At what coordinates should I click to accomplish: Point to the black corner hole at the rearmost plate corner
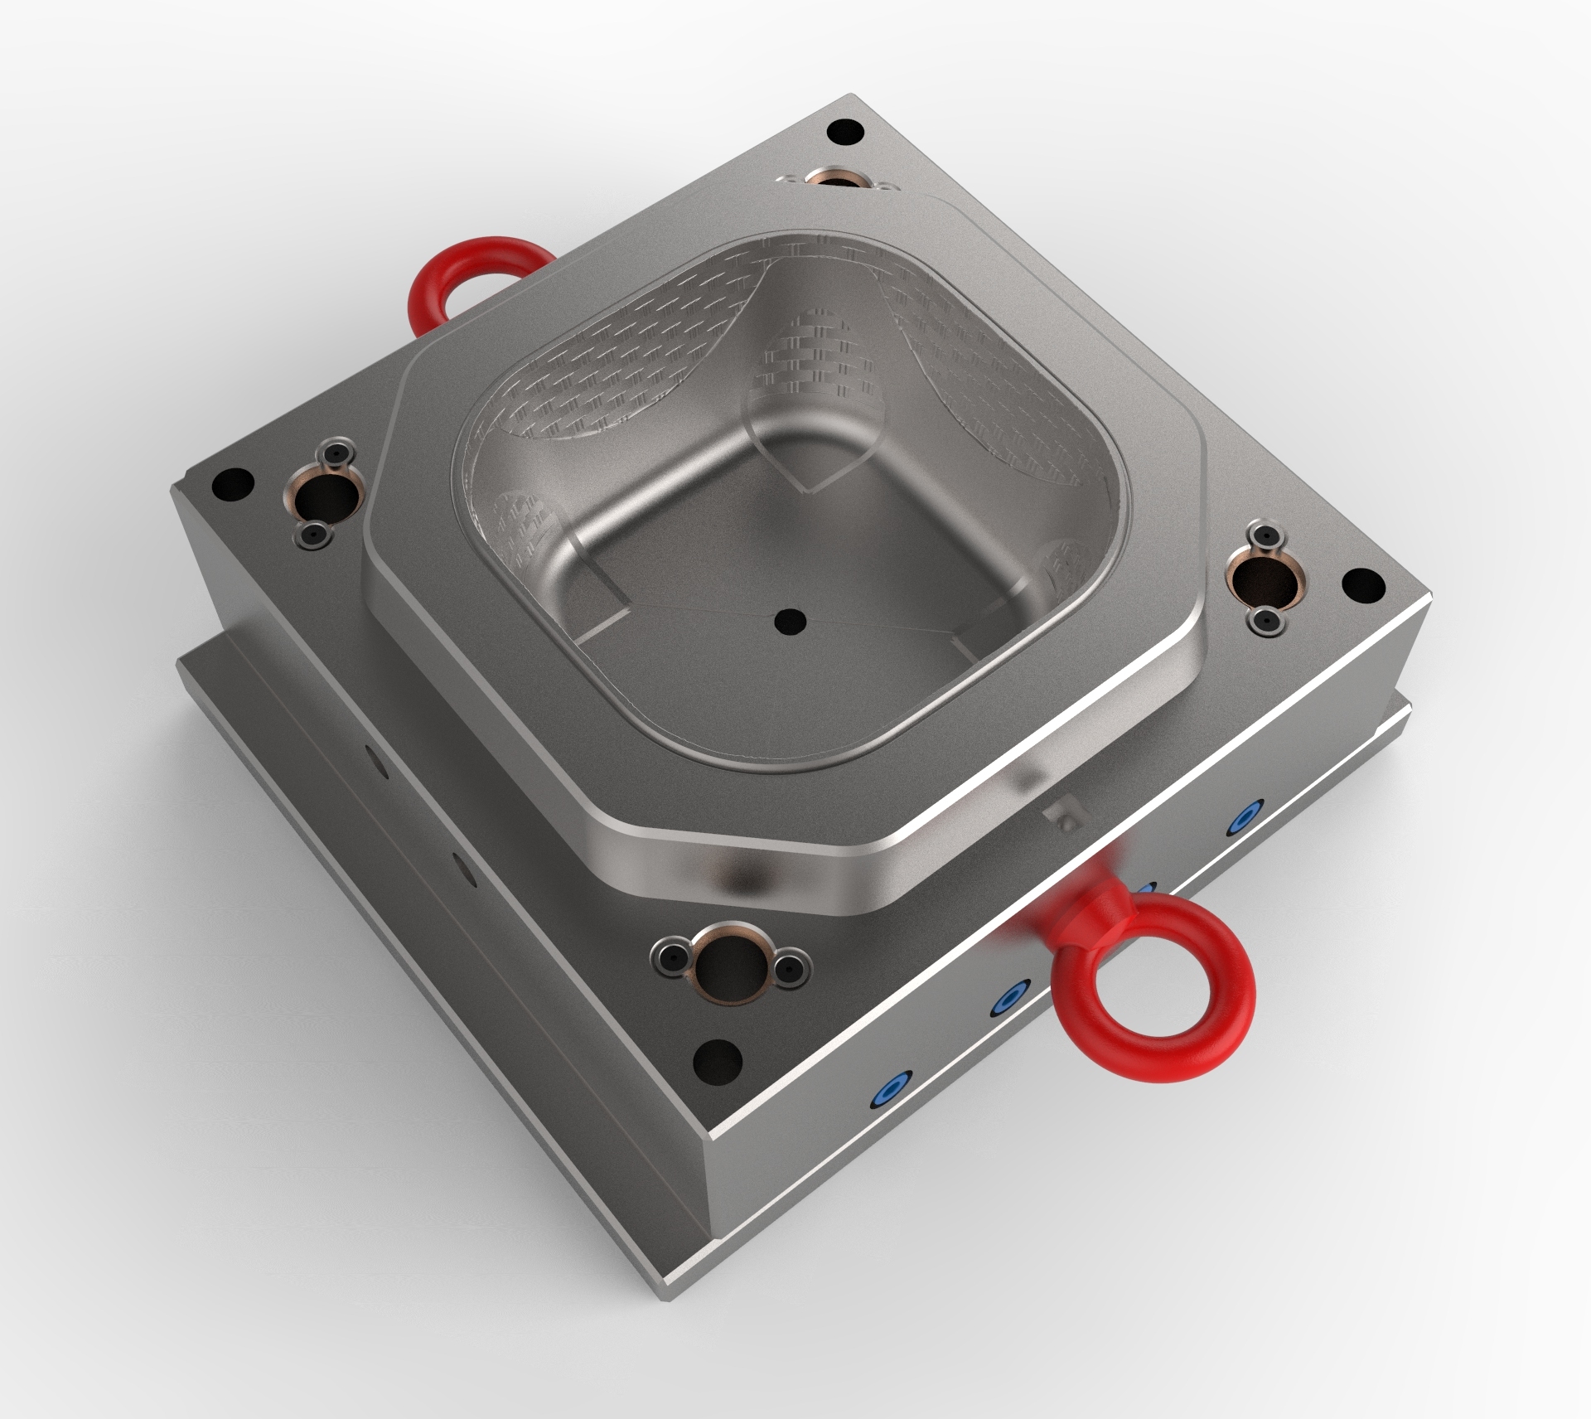click(846, 130)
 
